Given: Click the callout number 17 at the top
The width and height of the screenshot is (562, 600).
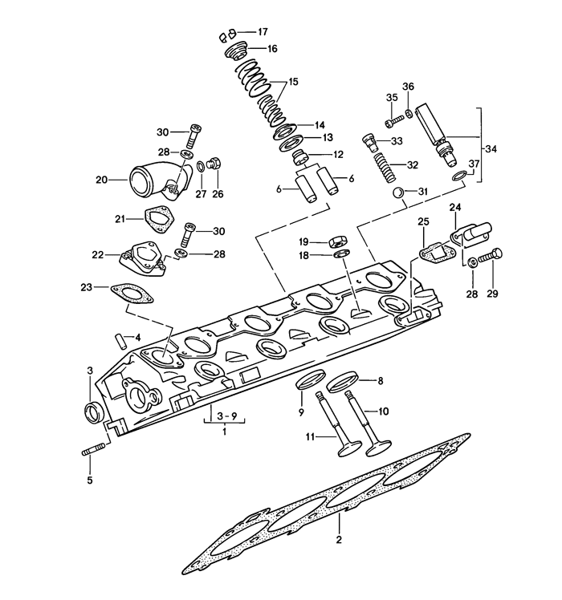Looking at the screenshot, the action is [x=263, y=31].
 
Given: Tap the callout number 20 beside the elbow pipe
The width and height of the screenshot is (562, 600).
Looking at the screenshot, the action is [x=101, y=179].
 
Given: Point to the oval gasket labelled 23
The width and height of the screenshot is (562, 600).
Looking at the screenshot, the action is [x=132, y=293].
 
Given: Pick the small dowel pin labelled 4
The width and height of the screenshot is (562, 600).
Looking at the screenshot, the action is [x=120, y=342].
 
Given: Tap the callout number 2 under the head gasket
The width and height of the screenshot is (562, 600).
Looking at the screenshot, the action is [x=338, y=540].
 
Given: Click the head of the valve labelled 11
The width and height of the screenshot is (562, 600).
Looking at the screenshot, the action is [x=349, y=448].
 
